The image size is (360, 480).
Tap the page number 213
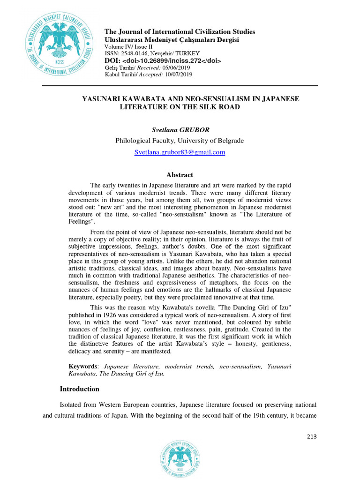312,436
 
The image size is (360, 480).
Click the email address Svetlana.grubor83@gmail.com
180,152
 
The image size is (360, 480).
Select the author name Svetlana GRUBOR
180,128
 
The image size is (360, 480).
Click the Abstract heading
180,175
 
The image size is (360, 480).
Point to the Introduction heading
80,389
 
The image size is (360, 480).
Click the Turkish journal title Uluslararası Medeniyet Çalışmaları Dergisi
172,40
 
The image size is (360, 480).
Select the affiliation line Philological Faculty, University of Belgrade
180,140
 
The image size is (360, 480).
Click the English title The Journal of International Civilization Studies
180,32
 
